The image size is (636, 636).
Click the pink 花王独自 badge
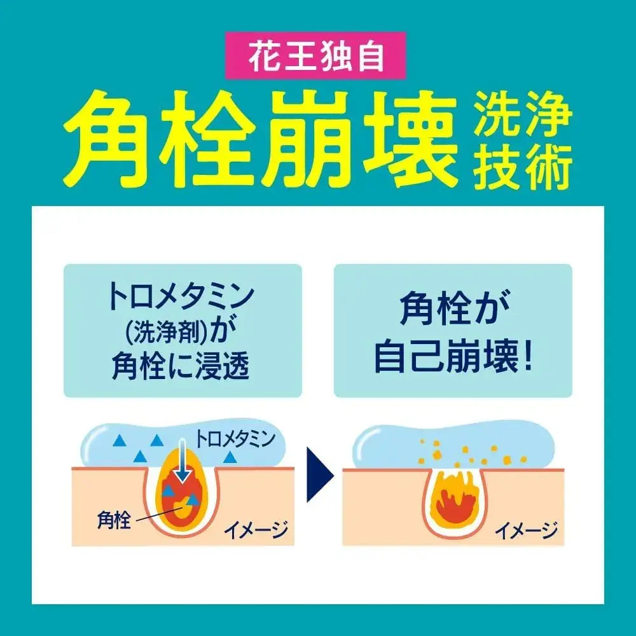click(x=315, y=55)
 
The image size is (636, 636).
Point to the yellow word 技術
click(x=523, y=166)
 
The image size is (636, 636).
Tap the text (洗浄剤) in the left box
click(x=167, y=333)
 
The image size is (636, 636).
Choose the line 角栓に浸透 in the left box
click(x=180, y=366)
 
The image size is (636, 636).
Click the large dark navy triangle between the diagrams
click(x=319, y=474)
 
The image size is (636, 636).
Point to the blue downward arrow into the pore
click(x=183, y=460)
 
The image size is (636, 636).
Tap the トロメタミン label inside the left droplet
click(x=236, y=439)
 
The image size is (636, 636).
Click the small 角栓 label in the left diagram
click(x=114, y=520)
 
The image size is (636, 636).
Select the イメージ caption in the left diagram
click(x=256, y=529)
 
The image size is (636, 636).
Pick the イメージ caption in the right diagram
click(x=527, y=530)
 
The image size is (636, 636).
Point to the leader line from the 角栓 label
click(x=162, y=512)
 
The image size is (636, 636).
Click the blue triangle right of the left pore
click(x=230, y=457)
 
